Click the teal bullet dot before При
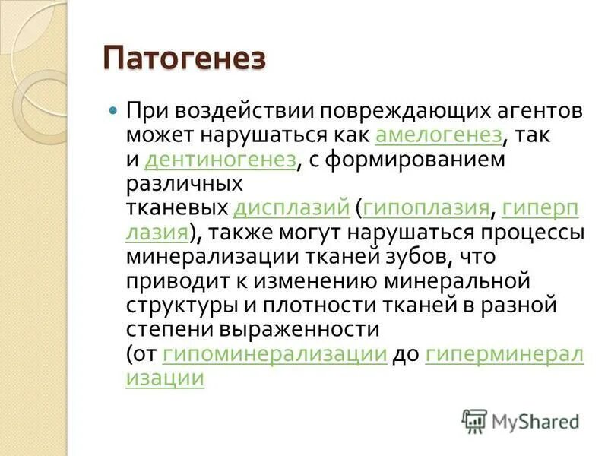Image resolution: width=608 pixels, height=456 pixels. (114, 110)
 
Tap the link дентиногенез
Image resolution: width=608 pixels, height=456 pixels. (219, 160)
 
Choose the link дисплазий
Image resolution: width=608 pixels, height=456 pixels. (292, 208)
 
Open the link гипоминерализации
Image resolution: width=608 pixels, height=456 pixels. (274, 354)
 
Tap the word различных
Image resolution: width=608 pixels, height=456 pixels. (184, 184)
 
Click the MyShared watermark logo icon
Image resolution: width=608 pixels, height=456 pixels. (474, 419)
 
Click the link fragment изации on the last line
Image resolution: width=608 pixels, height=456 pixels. (165, 378)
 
